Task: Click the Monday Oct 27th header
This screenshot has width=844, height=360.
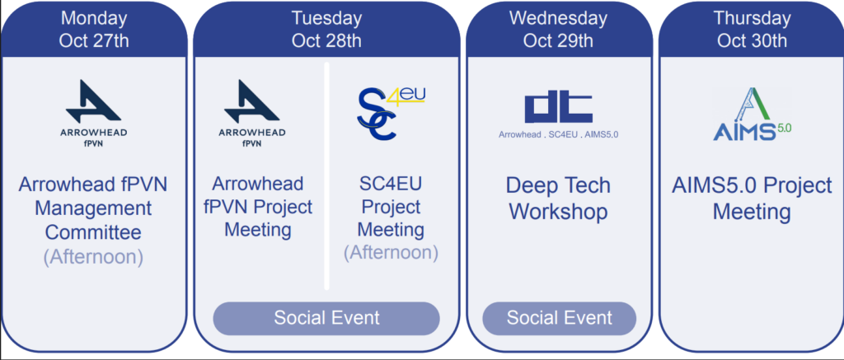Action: click(x=94, y=30)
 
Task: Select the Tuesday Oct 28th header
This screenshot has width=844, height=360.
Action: click(x=326, y=30)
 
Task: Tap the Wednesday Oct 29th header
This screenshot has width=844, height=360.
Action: click(x=558, y=30)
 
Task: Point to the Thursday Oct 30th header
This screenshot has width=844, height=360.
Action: click(x=752, y=30)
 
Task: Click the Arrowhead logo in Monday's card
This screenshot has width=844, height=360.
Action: click(x=94, y=114)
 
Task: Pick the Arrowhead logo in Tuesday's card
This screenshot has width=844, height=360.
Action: click(x=252, y=114)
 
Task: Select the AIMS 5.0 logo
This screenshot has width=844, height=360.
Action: click(x=752, y=114)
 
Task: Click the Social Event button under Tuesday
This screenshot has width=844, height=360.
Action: click(x=326, y=318)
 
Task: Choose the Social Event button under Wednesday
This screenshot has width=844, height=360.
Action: click(x=560, y=318)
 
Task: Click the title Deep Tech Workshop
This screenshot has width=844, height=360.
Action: click(x=558, y=199)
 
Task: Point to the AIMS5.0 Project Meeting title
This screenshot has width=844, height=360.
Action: click(x=752, y=199)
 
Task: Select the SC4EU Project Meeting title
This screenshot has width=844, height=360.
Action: click(x=392, y=207)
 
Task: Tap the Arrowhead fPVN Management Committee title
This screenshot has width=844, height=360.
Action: click(x=94, y=208)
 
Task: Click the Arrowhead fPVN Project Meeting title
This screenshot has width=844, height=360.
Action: click(x=258, y=207)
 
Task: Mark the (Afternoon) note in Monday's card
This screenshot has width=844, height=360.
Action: click(x=94, y=257)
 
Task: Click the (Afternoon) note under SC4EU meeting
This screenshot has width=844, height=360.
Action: click(x=392, y=253)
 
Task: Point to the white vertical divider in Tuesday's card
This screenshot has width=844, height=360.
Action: click(x=326, y=176)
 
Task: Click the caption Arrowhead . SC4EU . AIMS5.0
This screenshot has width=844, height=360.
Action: click(x=558, y=134)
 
